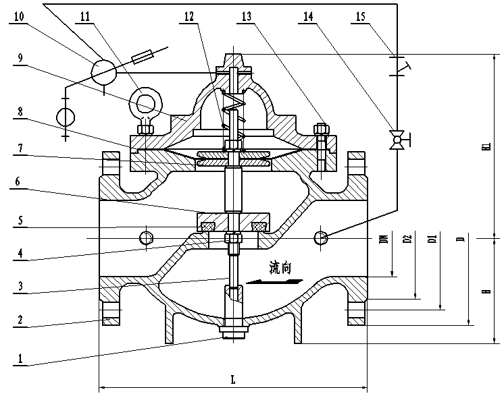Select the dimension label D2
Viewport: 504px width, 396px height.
click(x=407, y=239)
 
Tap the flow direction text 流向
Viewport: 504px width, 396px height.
click(x=280, y=268)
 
